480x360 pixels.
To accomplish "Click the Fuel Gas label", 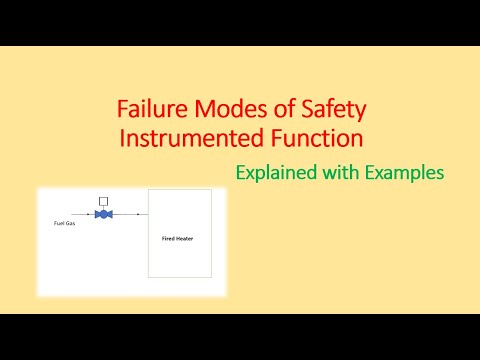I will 65,222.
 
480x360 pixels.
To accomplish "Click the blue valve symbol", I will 103,214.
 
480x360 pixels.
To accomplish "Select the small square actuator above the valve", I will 103,201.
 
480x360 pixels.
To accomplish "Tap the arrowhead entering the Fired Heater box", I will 145,214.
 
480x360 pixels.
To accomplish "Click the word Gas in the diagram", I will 71,222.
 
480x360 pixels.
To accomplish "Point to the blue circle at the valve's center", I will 103,214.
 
